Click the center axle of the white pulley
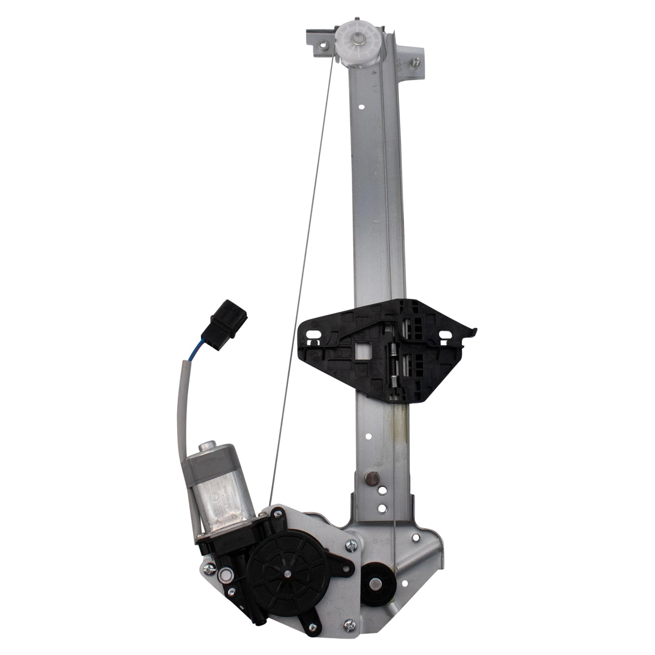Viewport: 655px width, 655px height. pyautogui.click(x=359, y=39)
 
